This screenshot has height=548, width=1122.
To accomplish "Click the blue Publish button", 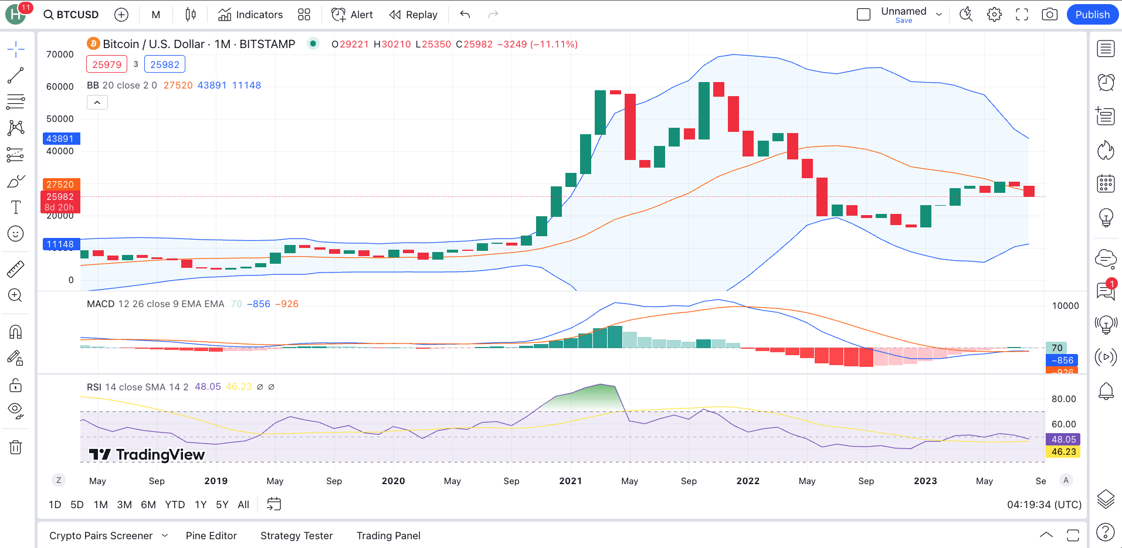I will coord(1092,15).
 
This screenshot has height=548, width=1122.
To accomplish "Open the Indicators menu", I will coord(250,15).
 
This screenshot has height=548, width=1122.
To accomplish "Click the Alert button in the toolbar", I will coord(352,15).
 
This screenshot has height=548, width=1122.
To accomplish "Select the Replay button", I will coord(413,15).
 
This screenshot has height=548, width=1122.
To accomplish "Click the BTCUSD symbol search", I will coord(71,15).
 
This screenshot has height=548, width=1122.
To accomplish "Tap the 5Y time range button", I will coord(222,505).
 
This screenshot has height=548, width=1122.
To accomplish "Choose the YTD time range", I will coord(175,505).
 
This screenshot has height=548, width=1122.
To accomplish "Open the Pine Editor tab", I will coord(211,536).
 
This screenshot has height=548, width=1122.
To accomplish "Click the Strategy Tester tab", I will coord(296,536).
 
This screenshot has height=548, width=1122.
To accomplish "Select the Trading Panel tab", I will coord(388,536).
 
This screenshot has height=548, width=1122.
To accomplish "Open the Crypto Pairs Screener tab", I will coord(101,536).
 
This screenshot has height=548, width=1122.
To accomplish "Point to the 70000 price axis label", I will coord(60,55).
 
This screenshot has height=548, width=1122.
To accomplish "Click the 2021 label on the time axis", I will coord(570,481).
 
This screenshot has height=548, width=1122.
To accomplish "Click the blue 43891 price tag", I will coord(60,139).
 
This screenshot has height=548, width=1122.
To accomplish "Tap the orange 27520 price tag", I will coord(60,184).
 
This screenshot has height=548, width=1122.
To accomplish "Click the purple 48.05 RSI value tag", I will coord(1063,440).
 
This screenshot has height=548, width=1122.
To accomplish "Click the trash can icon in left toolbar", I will coord(16,448).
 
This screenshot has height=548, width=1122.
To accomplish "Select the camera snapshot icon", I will coord(1049,15).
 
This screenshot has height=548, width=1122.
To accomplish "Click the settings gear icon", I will coord(994,15).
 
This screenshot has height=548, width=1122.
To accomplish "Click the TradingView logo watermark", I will coord(147,455).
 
